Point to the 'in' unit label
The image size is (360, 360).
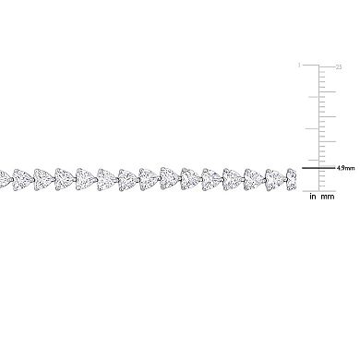(x=313, y=196)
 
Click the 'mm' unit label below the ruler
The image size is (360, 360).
(x=329, y=196)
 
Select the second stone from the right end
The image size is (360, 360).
(x=272, y=176)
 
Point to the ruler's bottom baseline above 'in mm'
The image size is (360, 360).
(x=318, y=186)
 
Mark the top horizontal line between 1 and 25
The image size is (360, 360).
(x=318, y=66)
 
